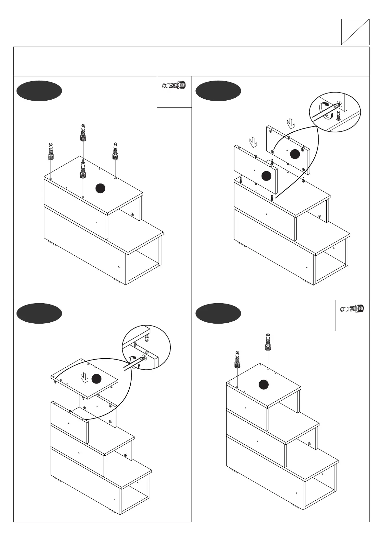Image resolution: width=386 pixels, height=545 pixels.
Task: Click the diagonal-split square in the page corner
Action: [x=355, y=31]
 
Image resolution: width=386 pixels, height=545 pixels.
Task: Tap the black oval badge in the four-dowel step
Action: [x=39, y=91]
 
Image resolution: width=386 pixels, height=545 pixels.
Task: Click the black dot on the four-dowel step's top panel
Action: [x=100, y=188]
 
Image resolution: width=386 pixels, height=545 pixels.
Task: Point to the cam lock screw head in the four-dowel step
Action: [x=133, y=214]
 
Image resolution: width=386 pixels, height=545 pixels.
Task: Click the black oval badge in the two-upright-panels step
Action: [x=218, y=91]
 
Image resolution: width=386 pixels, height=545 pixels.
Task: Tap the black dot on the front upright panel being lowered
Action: [x=266, y=175]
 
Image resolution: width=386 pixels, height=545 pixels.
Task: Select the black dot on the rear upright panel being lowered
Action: [x=294, y=154]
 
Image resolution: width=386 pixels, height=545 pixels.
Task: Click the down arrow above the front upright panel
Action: [x=252, y=142]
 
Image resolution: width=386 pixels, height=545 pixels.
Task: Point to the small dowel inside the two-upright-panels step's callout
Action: [x=339, y=116]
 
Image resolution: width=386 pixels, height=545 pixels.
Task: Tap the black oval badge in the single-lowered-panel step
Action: [x=39, y=313]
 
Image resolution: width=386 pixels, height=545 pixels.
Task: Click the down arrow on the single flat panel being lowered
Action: [x=85, y=377]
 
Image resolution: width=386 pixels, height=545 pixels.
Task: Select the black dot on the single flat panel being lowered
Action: [x=96, y=379]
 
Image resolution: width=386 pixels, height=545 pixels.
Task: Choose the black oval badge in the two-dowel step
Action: [x=218, y=313]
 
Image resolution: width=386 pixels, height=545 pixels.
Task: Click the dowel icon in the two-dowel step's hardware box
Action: [x=352, y=309]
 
